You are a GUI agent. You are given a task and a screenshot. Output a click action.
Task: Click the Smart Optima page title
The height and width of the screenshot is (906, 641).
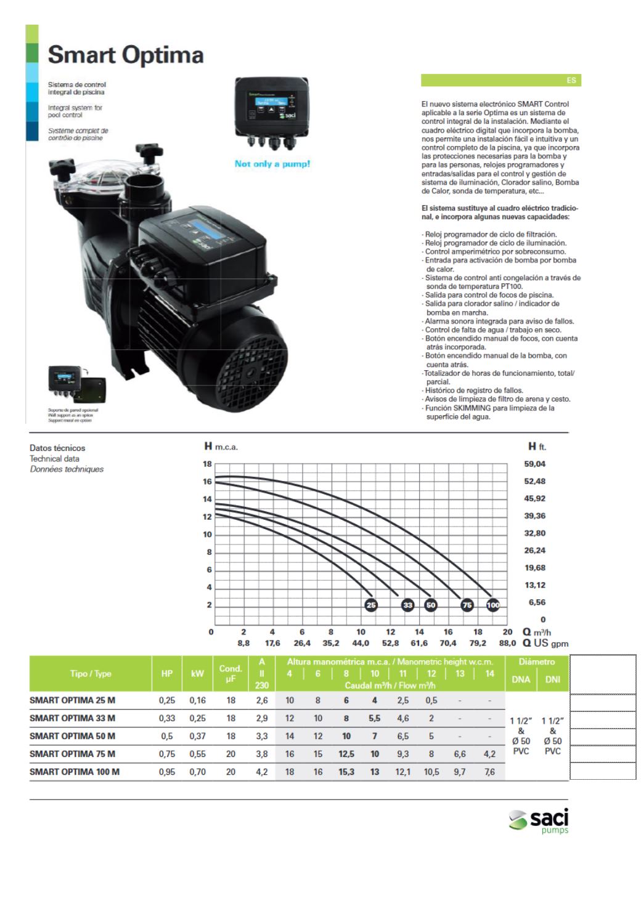(126, 55)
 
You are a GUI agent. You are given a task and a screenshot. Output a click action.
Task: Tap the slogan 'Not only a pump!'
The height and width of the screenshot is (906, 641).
(272, 164)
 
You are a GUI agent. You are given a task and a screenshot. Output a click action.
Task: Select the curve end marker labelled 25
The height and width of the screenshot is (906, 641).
(371, 605)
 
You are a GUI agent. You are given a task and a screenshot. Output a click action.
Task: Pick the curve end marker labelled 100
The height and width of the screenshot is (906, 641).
(493, 605)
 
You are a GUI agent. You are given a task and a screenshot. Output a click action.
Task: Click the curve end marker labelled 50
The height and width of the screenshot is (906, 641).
(431, 605)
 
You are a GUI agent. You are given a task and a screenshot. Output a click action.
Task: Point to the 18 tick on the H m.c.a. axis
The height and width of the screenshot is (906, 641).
(207, 464)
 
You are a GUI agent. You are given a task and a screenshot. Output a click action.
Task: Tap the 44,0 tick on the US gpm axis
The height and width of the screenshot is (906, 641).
(361, 643)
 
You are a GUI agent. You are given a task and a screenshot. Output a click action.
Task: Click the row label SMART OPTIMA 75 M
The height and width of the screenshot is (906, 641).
(72, 754)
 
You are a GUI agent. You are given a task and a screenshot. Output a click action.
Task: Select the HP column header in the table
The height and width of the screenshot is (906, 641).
(166, 674)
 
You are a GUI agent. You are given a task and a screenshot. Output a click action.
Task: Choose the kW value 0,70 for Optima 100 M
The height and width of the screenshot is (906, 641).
(197, 772)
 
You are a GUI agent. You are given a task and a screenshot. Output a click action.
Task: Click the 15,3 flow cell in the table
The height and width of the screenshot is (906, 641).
(346, 772)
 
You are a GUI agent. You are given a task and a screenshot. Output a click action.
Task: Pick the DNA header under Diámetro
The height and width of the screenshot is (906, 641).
(521, 680)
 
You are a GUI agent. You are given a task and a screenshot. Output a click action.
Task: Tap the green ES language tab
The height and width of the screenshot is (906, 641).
(500, 80)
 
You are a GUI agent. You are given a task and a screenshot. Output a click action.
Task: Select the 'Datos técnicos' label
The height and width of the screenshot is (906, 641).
(57, 448)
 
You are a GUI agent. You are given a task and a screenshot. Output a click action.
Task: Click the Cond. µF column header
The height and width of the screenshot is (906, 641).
(230, 674)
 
